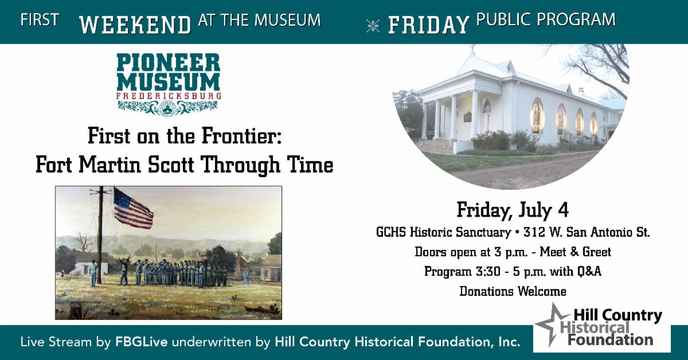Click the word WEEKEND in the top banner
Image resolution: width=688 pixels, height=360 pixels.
click(135, 25)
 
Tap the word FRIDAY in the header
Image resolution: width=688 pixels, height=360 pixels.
click(429, 25)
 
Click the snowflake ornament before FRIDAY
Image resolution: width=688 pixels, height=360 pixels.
click(373, 26)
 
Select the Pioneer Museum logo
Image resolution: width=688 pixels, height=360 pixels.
click(169, 85)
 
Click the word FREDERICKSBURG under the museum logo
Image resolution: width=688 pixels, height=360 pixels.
click(169, 96)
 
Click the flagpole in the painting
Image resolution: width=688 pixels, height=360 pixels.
click(100, 235)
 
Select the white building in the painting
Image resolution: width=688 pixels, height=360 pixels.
click(88, 263)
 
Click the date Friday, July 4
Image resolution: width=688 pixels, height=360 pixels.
click(513, 211)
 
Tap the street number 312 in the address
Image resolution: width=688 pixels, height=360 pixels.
click(534, 232)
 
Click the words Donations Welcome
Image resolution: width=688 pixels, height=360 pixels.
click(513, 291)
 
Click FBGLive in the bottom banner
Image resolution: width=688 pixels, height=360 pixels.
click(142, 342)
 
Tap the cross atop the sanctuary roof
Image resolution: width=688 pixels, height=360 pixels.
click(472, 49)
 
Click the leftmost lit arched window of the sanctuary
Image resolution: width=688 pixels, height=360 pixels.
click(537, 116)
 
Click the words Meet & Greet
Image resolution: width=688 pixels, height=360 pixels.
click(575, 252)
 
